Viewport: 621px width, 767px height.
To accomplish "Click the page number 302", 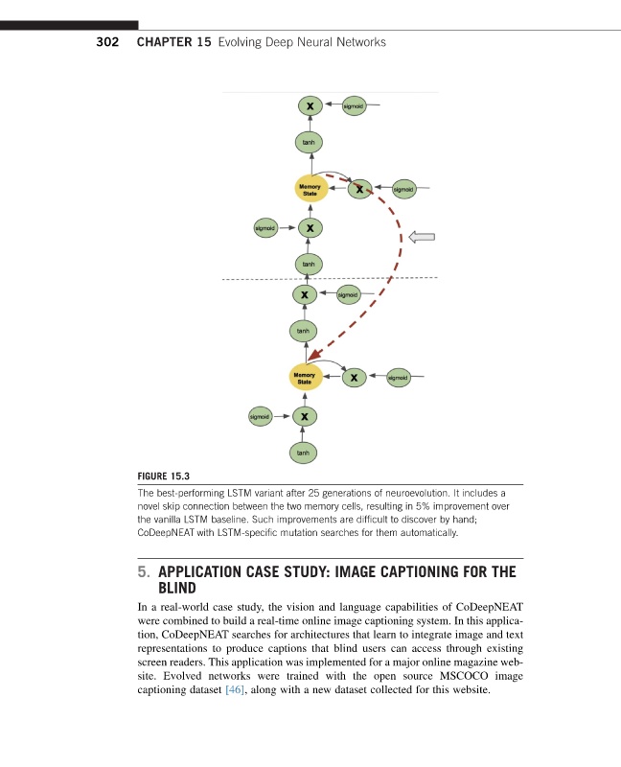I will [106, 43].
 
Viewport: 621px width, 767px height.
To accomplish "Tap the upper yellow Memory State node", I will [310, 189].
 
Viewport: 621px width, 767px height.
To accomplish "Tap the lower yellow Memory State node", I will [305, 377].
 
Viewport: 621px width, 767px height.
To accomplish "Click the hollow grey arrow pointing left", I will [423, 237].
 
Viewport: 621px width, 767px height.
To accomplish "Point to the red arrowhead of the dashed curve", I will [314, 357].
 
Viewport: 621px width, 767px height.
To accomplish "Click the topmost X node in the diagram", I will [309, 105].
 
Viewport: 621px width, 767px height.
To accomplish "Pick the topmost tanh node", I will [309, 142].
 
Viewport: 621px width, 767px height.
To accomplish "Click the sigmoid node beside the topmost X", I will [352, 105].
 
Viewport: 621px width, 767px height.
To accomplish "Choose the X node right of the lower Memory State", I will [355, 378].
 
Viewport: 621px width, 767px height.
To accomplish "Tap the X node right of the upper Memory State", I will [359, 190].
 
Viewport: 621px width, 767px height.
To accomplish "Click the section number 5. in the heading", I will [142, 572].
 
